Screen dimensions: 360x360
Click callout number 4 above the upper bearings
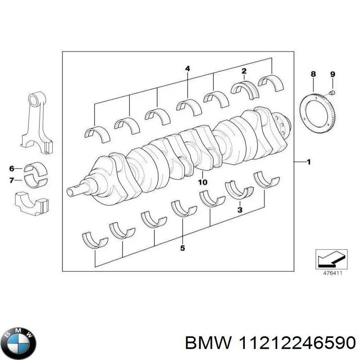(188, 69)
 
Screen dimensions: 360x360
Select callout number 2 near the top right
(244, 71)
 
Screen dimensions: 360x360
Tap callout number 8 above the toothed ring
(313, 74)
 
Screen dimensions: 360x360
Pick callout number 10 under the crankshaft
(202, 182)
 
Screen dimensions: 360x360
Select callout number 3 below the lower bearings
(240, 210)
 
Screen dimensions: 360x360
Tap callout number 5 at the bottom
(182, 248)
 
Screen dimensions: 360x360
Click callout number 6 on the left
(12, 169)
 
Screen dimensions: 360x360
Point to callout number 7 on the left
(12, 180)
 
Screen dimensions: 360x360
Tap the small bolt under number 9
(332, 93)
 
